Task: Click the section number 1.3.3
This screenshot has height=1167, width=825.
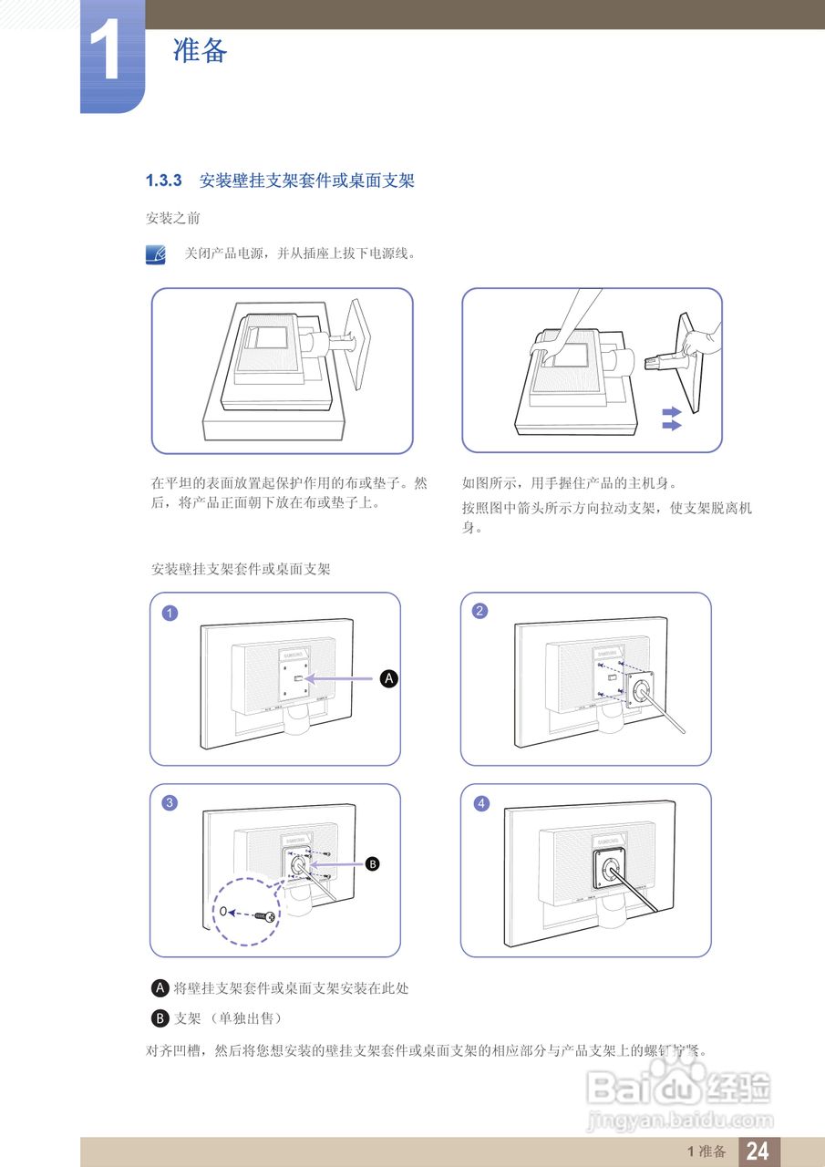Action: (165, 181)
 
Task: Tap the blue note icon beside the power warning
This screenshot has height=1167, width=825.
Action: (156, 254)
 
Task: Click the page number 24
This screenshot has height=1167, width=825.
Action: (758, 1152)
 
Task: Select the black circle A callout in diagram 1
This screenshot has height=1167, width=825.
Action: (388, 678)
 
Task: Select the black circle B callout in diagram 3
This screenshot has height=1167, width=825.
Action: (371, 864)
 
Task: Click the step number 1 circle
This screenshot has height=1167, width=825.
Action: (170, 613)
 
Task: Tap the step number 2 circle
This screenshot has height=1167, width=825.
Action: (480, 611)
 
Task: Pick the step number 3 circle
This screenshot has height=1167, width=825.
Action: (170, 803)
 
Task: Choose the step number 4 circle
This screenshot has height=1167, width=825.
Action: (481, 803)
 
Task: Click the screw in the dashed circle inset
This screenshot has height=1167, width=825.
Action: (266, 914)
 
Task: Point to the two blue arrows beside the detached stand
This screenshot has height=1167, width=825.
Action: (672, 418)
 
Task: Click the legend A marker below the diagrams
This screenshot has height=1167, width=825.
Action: (161, 988)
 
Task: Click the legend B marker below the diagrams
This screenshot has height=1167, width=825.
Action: (161, 1017)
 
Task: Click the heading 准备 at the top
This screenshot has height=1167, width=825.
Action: (200, 51)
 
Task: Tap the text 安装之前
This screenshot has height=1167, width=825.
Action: (173, 219)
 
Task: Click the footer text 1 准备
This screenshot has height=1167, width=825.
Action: (706, 1152)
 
